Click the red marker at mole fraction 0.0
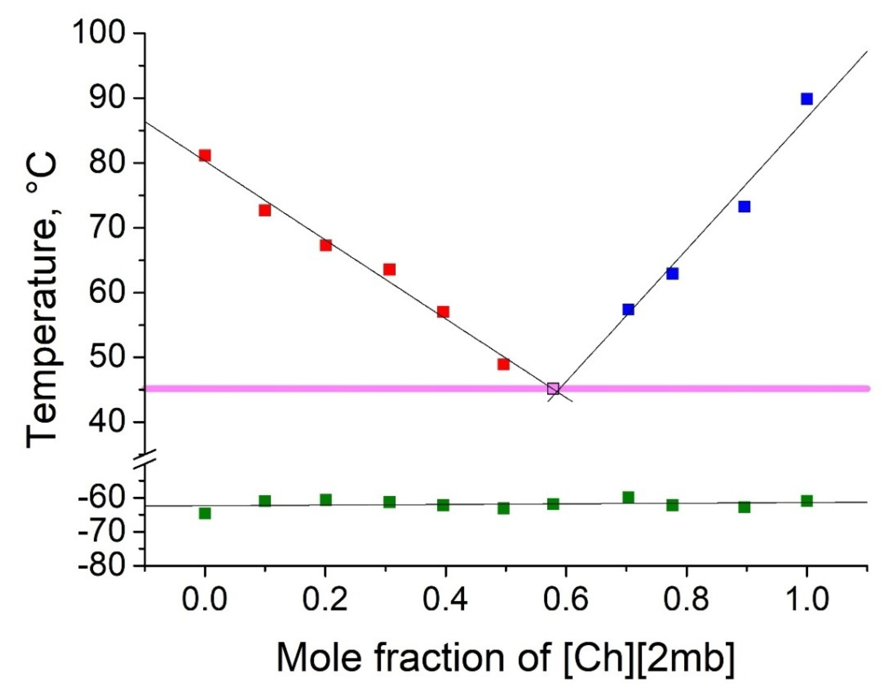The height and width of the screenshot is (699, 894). pos(205,155)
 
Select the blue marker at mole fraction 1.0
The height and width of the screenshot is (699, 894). pos(806,99)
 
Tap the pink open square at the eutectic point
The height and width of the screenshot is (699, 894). pos(553,388)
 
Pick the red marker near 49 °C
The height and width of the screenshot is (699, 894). pos(503,364)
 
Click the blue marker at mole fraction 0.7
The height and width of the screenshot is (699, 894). pos(628,309)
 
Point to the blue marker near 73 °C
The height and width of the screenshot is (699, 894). pos(744,206)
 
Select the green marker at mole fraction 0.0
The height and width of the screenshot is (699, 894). pos(205,513)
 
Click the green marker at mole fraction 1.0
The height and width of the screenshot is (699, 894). pos(806,501)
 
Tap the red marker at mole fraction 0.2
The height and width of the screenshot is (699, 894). pos(325,245)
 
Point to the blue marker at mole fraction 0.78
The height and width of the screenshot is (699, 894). pos(672,274)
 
